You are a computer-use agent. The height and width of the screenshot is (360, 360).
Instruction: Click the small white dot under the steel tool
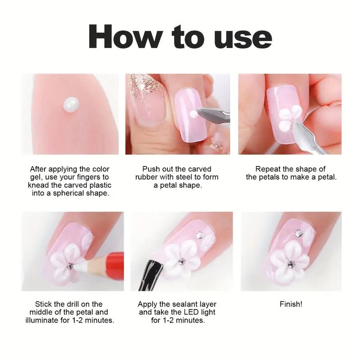click(194, 114)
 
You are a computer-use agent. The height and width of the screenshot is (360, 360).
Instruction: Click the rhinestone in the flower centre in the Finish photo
click(292, 264)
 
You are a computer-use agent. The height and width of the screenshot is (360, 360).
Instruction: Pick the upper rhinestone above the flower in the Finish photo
click(299, 233)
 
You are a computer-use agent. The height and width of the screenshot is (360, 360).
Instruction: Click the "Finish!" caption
click(291, 304)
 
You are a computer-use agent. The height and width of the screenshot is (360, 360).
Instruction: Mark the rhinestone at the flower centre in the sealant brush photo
click(182, 261)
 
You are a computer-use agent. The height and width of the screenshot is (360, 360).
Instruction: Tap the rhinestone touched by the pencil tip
click(70, 266)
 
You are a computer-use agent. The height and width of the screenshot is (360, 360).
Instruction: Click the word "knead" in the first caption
click(37, 185)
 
